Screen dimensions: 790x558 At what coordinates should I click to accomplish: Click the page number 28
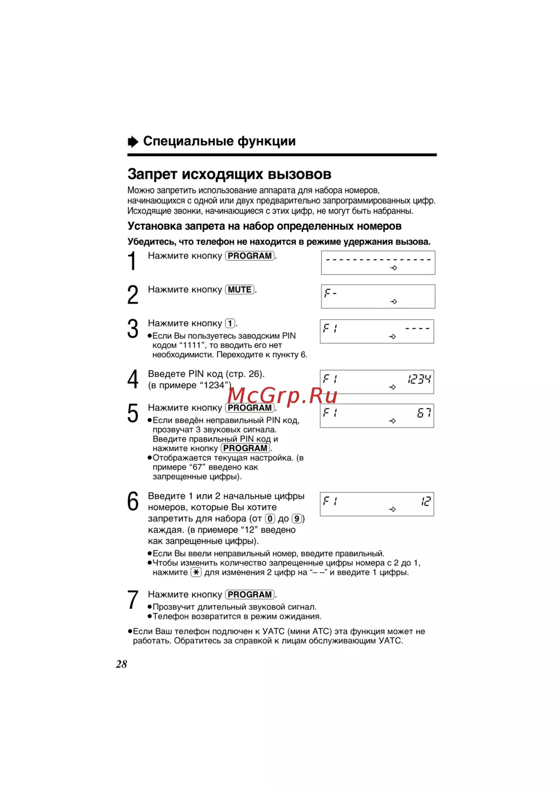coord(122,664)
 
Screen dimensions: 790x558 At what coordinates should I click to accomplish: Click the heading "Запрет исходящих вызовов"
coord(229,174)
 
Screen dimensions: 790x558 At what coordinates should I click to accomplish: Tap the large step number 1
coord(132,261)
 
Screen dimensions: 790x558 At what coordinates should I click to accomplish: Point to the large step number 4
coord(133,380)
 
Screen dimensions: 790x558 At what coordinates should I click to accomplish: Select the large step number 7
coord(133,600)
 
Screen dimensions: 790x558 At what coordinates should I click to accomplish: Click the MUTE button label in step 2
coord(240,290)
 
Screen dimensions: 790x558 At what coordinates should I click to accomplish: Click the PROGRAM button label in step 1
coord(250,256)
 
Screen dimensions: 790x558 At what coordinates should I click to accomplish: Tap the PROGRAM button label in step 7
coord(250,595)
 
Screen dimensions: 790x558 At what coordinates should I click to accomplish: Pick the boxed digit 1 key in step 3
coord(230,323)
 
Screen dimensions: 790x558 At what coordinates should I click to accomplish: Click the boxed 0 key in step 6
coord(270,519)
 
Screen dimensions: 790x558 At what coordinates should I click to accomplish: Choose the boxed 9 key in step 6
coord(297,519)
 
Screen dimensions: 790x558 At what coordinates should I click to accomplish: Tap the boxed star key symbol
coord(196,572)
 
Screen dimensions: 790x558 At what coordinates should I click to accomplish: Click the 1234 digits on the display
coord(419,380)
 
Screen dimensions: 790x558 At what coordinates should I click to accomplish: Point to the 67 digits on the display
coord(424,413)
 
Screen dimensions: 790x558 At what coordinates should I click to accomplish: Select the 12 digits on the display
coord(426,501)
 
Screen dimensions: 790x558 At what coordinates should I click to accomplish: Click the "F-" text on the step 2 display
coord(330,293)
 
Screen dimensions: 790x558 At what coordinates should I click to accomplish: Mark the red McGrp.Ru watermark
coord(282,395)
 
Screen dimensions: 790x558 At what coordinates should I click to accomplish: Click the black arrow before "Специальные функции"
coord(133,141)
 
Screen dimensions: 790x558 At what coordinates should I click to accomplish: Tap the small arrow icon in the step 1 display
coord(393,268)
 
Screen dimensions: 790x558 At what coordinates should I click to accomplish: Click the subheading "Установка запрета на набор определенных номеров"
coord(264,226)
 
